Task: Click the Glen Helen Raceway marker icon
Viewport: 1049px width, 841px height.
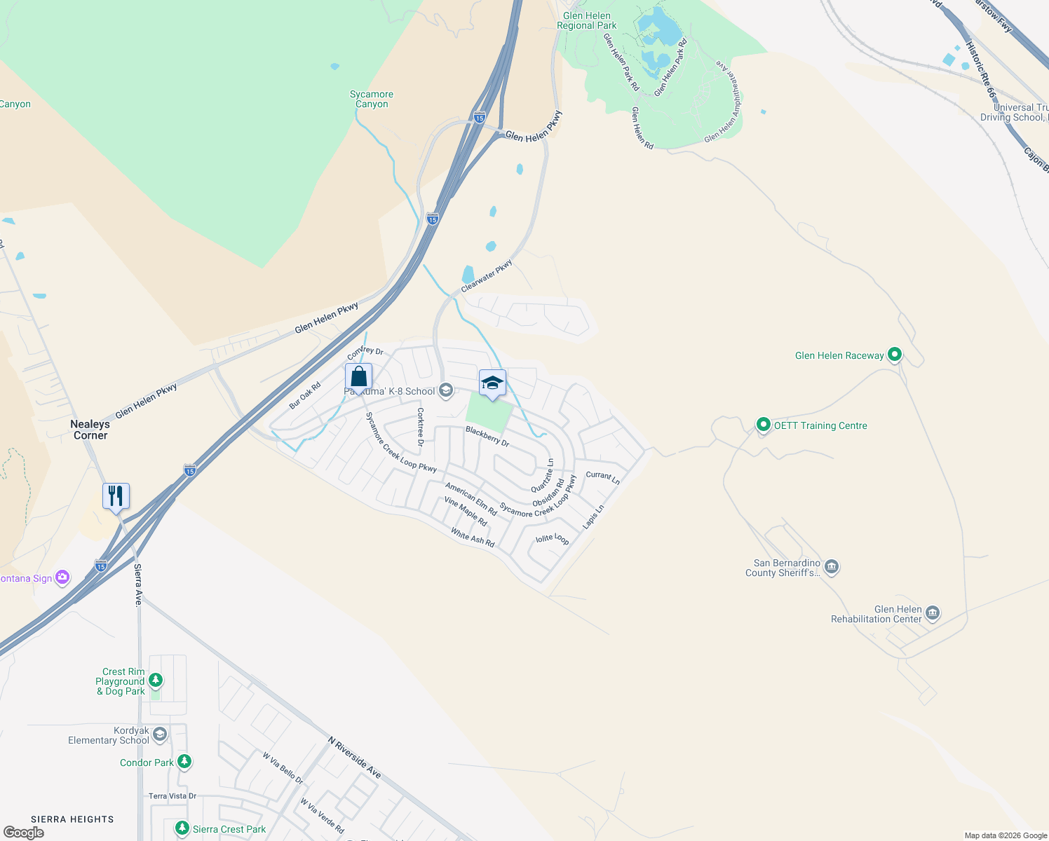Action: tap(894, 355)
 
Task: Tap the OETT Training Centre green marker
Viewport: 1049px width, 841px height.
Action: tap(763, 425)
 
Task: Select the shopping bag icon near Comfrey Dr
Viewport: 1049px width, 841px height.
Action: tap(358, 377)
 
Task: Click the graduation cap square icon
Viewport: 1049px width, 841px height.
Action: tap(492, 383)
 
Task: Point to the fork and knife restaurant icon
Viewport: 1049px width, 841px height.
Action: tap(116, 496)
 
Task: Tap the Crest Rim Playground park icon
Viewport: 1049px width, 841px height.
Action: tap(156, 680)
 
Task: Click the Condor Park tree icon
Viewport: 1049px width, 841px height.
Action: tap(184, 762)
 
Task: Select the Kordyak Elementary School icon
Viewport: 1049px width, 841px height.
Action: tap(160, 734)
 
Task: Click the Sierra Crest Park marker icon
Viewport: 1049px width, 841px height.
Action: tap(182, 829)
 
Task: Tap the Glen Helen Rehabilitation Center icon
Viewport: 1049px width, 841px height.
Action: tap(932, 614)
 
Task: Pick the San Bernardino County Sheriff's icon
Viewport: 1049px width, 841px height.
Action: tap(832, 567)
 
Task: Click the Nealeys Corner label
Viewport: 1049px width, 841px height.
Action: tap(90, 430)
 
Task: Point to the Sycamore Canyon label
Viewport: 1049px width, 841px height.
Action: tap(372, 99)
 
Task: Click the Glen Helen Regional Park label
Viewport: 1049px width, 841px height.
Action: tap(587, 21)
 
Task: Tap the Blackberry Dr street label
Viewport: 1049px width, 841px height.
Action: tap(487, 436)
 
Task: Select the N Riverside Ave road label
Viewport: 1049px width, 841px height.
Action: tap(355, 757)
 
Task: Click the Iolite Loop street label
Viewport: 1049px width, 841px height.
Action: tap(553, 538)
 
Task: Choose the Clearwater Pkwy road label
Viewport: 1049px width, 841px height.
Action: tap(487, 275)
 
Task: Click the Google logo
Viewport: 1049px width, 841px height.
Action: tap(23, 833)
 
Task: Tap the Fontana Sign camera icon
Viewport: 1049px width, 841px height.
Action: tap(62, 577)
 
